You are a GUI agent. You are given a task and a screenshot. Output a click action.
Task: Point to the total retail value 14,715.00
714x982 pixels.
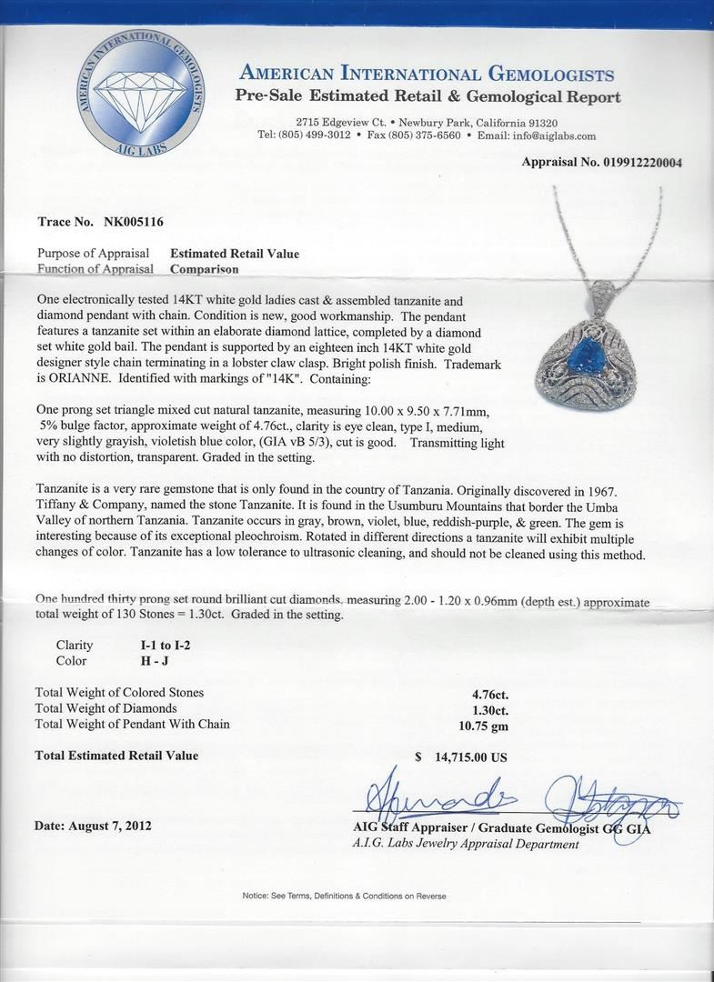coord(468,757)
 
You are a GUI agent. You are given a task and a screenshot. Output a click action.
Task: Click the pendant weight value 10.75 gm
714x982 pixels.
coord(485,725)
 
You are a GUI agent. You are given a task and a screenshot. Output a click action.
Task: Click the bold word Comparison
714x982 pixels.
coord(205,269)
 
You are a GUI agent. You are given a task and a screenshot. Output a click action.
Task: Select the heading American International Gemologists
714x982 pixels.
coord(427,75)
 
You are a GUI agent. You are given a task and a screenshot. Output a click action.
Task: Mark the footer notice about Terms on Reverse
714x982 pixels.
coord(344,896)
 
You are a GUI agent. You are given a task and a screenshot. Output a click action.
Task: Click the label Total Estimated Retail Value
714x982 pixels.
coord(116,756)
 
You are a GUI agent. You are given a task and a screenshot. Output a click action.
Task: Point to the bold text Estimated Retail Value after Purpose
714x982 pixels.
coord(235,254)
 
